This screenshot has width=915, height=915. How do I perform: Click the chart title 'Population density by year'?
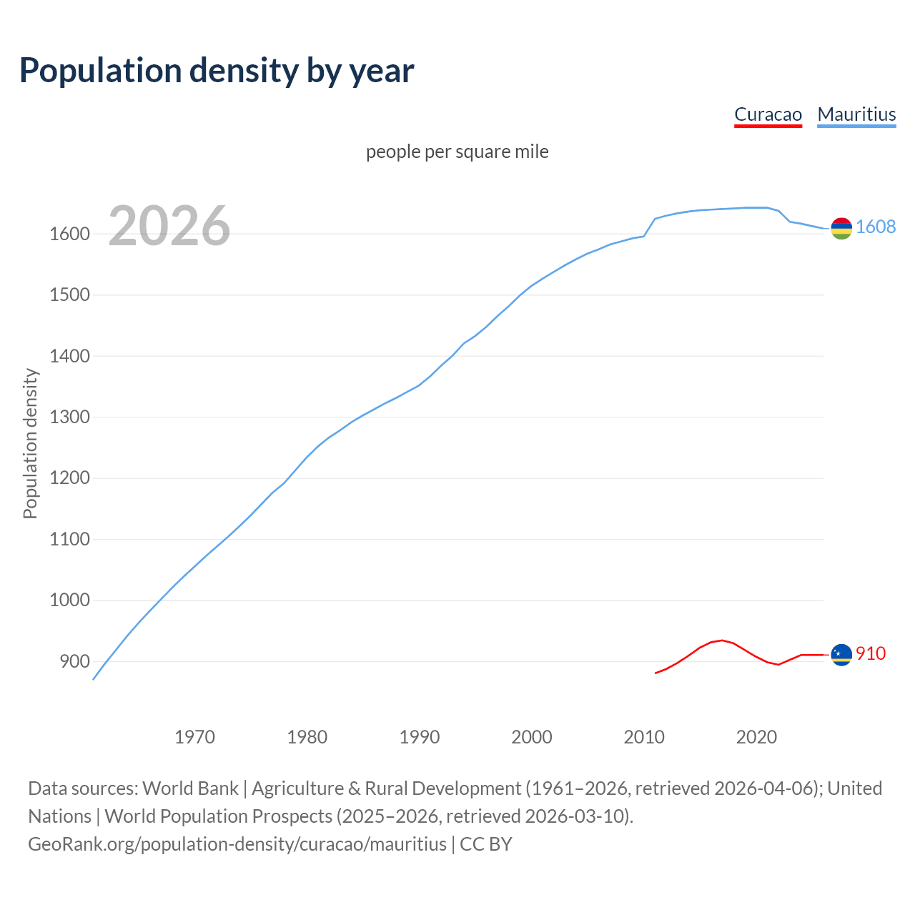(x=217, y=71)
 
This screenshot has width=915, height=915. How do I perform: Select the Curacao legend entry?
(x=768, y=114)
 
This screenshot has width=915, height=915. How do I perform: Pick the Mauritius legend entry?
(x=856, y=114)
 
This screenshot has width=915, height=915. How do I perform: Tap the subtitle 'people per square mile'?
(x=457, y=152)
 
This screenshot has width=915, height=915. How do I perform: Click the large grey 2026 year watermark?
(x=169, y=226)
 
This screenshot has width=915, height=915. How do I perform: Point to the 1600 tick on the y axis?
(x=69, y=234)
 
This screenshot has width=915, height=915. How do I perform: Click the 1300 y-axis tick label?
(x=69, y=417)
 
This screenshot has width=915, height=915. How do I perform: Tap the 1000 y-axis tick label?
(x=69, y=600)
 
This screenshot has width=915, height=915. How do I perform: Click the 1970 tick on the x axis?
(x=194, y=737)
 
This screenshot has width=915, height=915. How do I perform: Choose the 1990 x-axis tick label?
(x=420, y=737)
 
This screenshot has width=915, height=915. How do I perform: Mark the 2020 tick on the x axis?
(x=756, y=737)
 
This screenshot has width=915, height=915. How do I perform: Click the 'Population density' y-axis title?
(x=30, y=443)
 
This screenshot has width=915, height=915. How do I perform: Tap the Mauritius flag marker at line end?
(x=841, y=228)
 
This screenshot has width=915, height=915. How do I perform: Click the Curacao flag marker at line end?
(x=841, y=655)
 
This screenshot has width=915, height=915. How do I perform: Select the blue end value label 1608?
(x=876, y=227)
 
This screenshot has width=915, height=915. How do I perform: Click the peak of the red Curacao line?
(x=722, y=640)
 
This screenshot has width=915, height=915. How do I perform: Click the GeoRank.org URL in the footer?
(x=237, y=844)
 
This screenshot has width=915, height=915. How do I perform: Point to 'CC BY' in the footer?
(x=486, y=844)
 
